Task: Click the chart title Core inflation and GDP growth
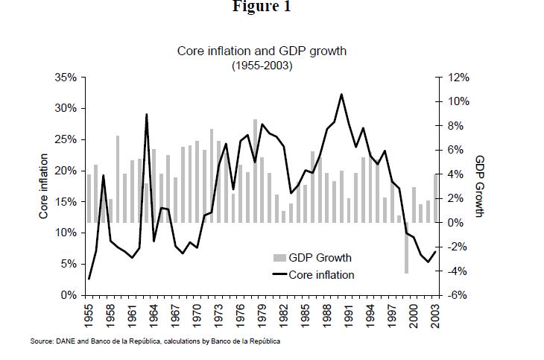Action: tap(262, 51)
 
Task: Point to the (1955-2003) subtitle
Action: tap(262, 65)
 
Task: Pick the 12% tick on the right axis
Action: tap(458, 77)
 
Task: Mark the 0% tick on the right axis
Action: tap(458, 223)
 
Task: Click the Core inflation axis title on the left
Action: tap(44, 186)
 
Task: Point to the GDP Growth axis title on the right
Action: tap(480, 186)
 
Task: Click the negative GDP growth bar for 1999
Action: tap(407, 248)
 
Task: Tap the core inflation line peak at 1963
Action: tap(147, 115)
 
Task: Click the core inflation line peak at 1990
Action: tap(341, 95)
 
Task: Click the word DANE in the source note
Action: tap(62, 341)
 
